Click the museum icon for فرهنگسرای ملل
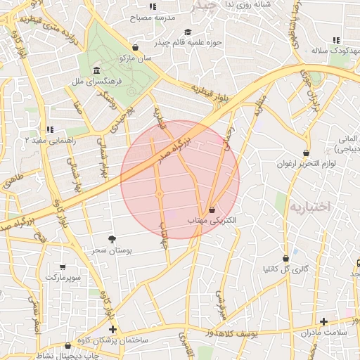pos(96,72)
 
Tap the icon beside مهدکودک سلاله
pos(336,40)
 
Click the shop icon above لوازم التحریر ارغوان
pos(306,153)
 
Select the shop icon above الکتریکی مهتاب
pos(212,209)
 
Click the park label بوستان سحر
pos(112,250)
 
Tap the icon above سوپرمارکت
pos(63,266)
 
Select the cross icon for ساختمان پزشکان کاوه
pos(112,329)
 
